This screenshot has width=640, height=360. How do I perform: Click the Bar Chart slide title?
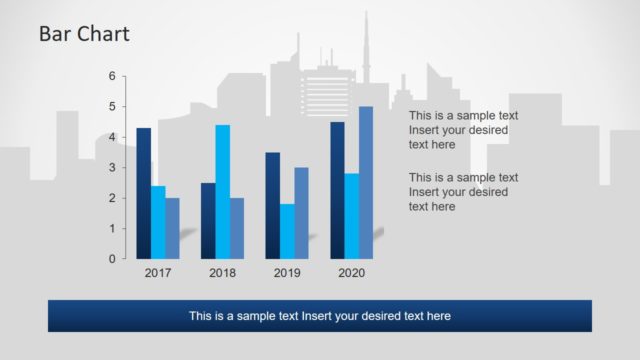[x=84, y=35]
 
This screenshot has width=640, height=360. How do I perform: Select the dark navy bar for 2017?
[x=144, y=193]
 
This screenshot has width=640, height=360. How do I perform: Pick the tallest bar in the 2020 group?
[x=366, y=182]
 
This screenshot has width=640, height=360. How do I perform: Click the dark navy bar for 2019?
[x=272, y=205]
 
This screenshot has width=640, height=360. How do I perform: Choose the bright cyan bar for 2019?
[x=287, y=231]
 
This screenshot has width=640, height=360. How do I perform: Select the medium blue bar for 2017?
[x=172, y=228]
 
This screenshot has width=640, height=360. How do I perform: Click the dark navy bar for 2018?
[x=208, y=220]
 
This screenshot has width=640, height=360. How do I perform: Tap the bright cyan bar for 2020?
[x=351, y=216]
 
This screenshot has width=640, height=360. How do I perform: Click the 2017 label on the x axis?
[x=158, y=273]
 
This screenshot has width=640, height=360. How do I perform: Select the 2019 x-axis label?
[x=287, y=273]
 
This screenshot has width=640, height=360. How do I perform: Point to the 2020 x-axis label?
[x=351, y=273]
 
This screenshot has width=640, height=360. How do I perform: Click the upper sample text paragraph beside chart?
[x=463, y=130]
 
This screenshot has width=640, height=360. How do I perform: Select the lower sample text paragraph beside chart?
[x=463, y=192]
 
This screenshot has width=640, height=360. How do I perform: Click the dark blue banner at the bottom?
[x=319, y=316]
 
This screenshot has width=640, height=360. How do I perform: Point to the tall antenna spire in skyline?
[x=366, y=40]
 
